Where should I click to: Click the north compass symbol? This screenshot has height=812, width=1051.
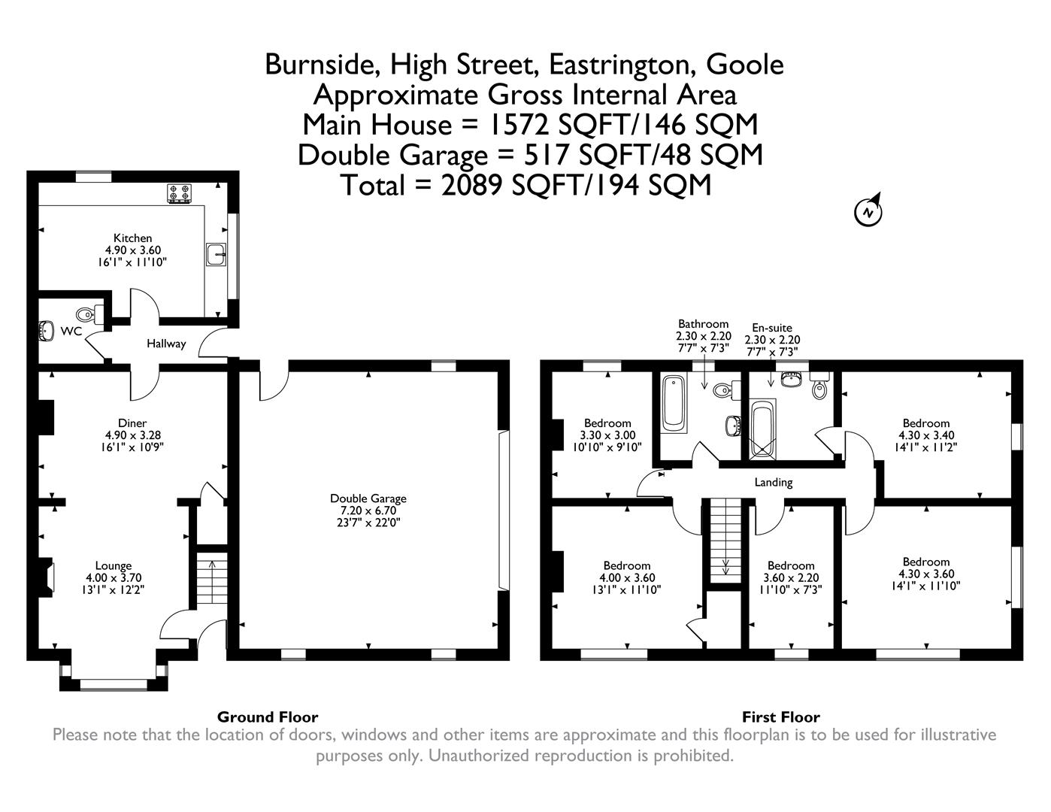[868, 212]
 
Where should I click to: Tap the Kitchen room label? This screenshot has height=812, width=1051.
[132, 238]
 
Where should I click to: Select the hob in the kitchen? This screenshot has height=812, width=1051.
[180, 194]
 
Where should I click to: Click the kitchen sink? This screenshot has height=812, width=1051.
[216, 255]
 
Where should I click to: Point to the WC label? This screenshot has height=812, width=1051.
[71, 332]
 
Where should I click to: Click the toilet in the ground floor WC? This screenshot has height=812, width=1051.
[88, 314]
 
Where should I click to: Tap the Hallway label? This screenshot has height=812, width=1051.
[165, 344]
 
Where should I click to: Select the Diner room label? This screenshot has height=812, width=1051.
[132, 423]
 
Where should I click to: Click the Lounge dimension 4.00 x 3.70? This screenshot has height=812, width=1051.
[114, 578]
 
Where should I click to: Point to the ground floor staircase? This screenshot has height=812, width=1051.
[211, 580]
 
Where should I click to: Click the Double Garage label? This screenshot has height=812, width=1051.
[368, 498]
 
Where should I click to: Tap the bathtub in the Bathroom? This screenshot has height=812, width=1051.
[674, 405]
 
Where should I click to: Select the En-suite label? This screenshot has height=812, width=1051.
[772, 328]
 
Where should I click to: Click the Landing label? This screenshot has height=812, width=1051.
[774, 482]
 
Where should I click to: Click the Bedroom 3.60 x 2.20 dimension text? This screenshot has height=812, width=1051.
[791, 578]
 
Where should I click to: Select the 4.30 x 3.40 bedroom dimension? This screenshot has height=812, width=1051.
[926, 435]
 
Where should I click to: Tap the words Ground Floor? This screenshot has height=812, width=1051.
[268, 717]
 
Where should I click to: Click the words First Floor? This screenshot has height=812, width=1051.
[780, 717]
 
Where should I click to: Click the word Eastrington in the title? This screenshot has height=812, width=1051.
[621, 65]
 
